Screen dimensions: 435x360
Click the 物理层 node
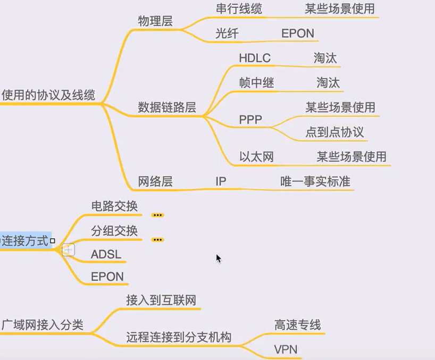point(155,21)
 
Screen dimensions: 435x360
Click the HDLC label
point(255,58)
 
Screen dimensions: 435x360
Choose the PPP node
point(250,120)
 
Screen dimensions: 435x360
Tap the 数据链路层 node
point(167,107)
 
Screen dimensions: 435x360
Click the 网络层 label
point(155,181)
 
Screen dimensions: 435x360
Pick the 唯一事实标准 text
point(315,181)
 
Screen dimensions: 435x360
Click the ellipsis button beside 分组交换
point(157,240)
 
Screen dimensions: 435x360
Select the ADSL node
point(106,254)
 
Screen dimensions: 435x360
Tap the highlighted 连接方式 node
point(27,240)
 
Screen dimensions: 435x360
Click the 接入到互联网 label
point(161,299)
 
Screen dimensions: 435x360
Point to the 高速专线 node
point(298,324)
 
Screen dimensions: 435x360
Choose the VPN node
point(286,349)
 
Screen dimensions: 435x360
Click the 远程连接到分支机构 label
point(179,337)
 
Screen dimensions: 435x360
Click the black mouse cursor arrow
point(218,258)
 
